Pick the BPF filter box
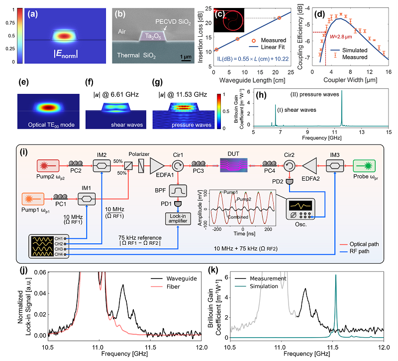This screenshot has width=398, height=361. coord(178,189)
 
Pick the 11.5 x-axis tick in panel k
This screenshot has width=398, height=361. coord(333,349)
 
